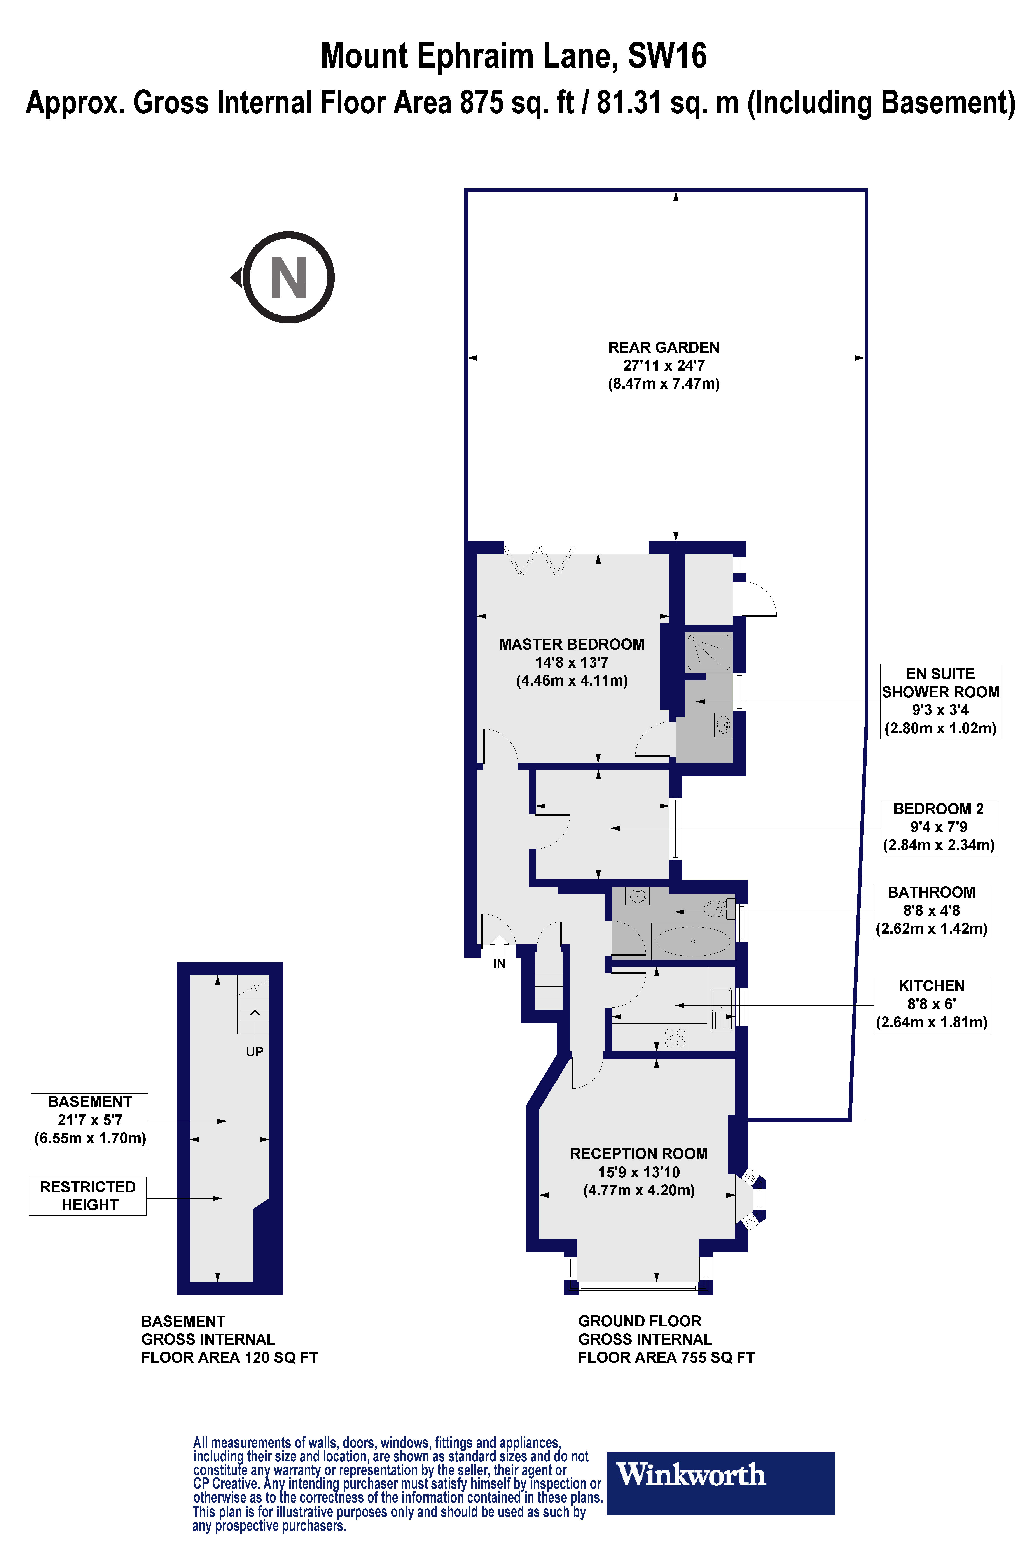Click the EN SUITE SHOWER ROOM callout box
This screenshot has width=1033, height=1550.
[940, 701]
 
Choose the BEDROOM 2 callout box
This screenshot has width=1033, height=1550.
[939, 827]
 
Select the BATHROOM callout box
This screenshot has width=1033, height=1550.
[932, 911]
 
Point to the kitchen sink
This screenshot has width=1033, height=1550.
[721, 1008]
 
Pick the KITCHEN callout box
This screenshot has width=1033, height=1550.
[932, 1004]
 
